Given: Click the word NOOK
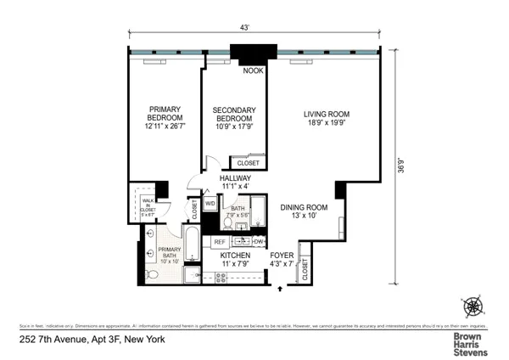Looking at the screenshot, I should pyautogui.click(x=253, y=71).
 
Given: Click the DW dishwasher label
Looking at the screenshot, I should pyautogui.click(x=258, y=242).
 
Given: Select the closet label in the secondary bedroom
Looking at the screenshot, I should pyautogui.click(x=248, y=162).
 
